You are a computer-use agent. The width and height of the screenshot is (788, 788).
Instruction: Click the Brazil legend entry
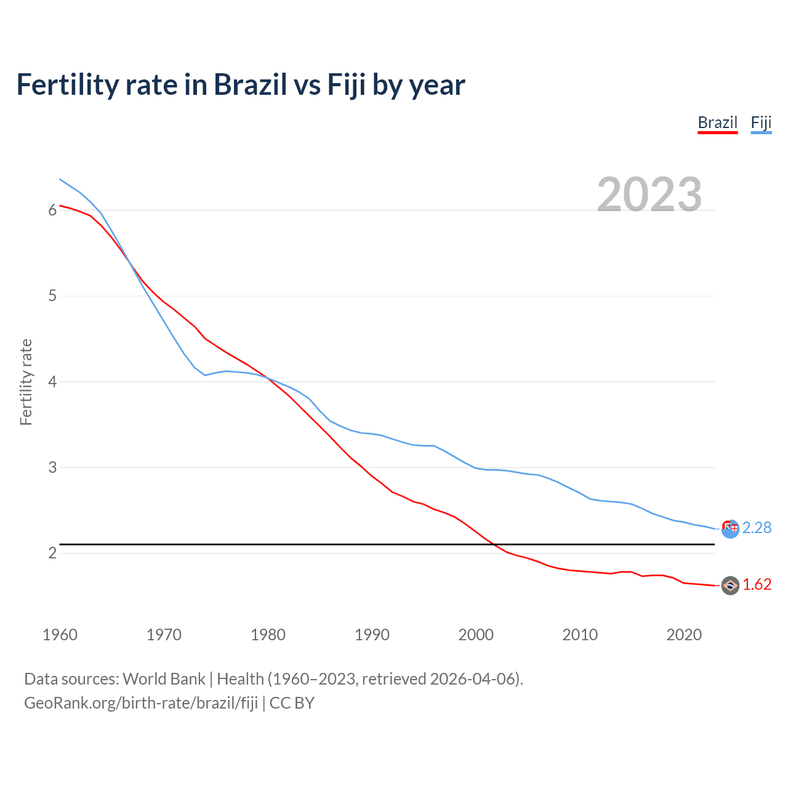pyautogui.click(x=717, y=123)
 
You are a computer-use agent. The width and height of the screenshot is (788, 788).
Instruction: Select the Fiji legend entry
pyautogui.click(x=761, y=123)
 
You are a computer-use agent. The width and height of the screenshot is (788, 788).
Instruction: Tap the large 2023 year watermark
pyautogui.click(x=649, y=194)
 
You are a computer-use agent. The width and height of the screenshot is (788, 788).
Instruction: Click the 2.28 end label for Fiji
pyautogui.click(x=757, y=528)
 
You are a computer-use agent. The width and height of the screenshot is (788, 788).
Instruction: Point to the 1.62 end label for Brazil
pyautogui.click(x=757, y=584)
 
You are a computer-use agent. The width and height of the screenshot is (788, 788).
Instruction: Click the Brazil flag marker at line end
pyautogui.click(x=730, y=585)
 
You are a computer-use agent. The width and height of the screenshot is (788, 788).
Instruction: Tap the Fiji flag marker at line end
pyautogui.click(x=730, y=528)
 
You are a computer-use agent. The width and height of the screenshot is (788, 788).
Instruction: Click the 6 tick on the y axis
pyautogui.click(x=52, y=210)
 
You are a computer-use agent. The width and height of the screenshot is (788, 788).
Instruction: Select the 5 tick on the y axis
pyautogui.click(x=52, y=295)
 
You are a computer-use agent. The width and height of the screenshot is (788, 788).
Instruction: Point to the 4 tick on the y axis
pyautogui.click(x=52, y=382)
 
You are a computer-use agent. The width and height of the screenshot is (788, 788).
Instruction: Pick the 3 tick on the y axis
pyautogui.click(x=52, y=467)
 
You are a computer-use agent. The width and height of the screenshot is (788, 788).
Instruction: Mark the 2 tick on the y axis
pyautogui.click(x=52, y=553)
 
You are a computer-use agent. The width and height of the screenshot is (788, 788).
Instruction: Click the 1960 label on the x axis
pyautogui.click(x=60, y=635)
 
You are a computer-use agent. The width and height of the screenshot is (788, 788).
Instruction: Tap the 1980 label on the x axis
pyautogui.click(x=268, y=635)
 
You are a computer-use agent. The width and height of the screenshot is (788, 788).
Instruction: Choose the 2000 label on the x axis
pyautogui.click(x=476, y=635)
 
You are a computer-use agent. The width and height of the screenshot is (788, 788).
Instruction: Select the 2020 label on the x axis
pyautogui.click(x=684, y=635)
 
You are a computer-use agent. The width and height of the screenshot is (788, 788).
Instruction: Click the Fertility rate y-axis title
pyautogui.click(x=26, y=382)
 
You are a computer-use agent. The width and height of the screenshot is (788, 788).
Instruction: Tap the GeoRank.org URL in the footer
pyautogui.click(x=141, y=702)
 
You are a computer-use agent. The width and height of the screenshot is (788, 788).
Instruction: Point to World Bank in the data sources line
pyautogui.click(x=164, y=678)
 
